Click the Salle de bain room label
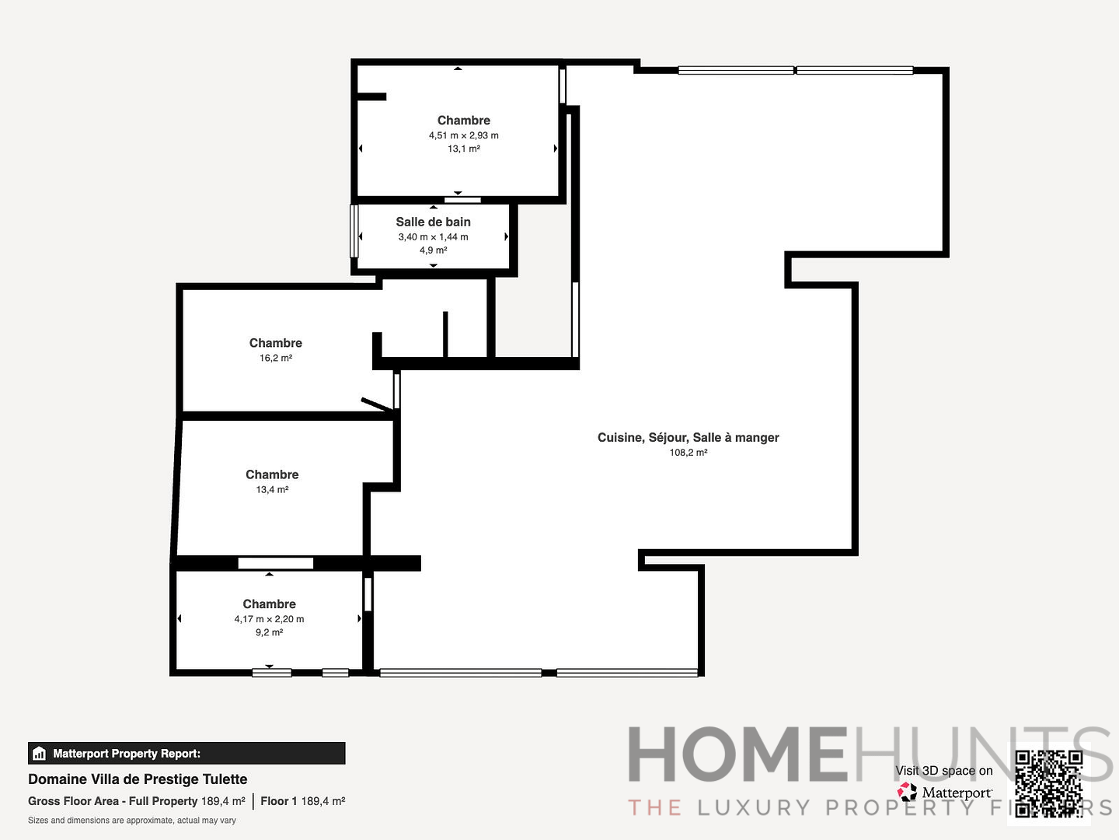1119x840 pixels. [x=433, y=222]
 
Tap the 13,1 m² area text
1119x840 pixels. [x=463, y=149]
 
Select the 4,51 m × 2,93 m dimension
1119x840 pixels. [x=463, y=135]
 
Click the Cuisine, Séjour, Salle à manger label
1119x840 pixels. [x=688, y=437]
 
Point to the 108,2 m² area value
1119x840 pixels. [x=688, y=452]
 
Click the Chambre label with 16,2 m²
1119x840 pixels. [x=275, y=343]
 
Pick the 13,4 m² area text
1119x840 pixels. [x=272, y=489]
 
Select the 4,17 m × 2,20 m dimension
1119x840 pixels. [x=269, y=619]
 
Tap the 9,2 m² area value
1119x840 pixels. [x=269, y=632]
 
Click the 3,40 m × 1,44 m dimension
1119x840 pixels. [x=433, y=237]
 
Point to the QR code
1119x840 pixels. [x=1048, y=782]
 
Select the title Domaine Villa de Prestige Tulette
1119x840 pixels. [x=138, y=779]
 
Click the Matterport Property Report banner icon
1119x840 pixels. [x=40, y=754]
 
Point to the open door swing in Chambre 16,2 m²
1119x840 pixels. [x=378, y=404]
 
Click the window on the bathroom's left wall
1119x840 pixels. [x=354, y=230]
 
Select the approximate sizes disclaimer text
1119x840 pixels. [x=132, y=821]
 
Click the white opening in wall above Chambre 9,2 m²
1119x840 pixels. [x=275, y=563]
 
